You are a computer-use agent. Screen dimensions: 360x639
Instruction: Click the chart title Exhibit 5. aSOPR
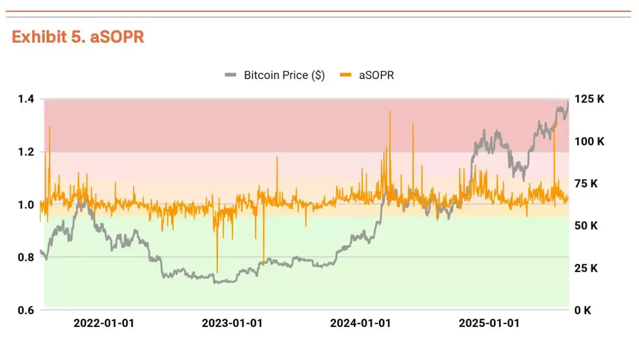click(x=78, y=37)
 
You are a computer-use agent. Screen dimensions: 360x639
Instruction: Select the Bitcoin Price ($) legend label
click(x=284, y=75)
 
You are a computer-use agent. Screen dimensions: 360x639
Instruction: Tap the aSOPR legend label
click(x=376, y=75)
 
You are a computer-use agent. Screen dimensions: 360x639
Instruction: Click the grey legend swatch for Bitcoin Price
click(x=231, y=75)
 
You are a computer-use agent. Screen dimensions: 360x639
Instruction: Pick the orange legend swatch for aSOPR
click(x=347, y=75)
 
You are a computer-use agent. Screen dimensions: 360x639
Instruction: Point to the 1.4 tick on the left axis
click(x=26, y=99)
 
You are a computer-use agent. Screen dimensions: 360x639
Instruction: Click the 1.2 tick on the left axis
click(x=26, y=152)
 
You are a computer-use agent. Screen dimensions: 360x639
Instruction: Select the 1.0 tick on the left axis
click(x=26, y=204)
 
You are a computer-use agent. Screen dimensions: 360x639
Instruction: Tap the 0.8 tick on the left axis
click(x=26, y=257)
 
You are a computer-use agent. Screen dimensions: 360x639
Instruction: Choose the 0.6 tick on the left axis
click(x=26, y=310)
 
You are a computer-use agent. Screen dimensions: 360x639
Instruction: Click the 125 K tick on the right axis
click(x=589, y=99)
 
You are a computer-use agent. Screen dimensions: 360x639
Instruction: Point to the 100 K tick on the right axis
click(x=589, y=142)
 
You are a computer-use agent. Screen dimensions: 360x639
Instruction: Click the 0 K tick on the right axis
click(x=585, y=310)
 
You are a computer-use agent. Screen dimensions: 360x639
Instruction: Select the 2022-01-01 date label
click(x=104, y=323)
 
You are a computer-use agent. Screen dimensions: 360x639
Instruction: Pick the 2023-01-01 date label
click(x=232, y=323)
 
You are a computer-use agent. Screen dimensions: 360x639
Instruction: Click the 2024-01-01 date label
click(x=361, y=323)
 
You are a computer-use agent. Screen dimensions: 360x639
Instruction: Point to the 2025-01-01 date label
click(x=489, y=323)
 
